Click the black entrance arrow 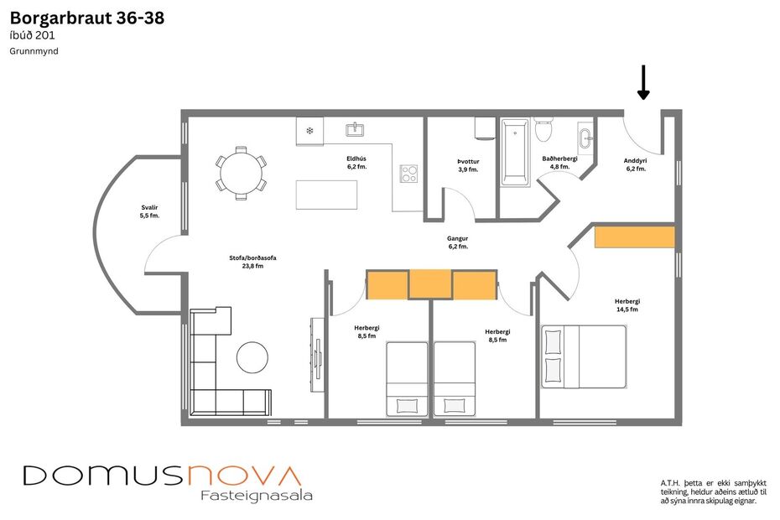click(643, 83)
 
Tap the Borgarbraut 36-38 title click(86, 18)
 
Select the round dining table click(242, 174)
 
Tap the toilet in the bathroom click(543, 131)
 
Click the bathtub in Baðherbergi click(514, 152)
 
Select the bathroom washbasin click(585, 137)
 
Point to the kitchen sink click(355, 128)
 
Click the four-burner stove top click(409, 174)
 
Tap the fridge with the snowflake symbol click(309, 131)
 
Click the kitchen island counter click(326, 195)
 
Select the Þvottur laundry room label click(468, 165)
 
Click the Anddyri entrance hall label click(636, 164)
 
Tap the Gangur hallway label click(458, 242)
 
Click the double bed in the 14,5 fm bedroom click(584, 356)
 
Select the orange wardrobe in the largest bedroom click(634, 237)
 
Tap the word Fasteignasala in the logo click(257, 495)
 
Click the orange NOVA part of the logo click(244, 475)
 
